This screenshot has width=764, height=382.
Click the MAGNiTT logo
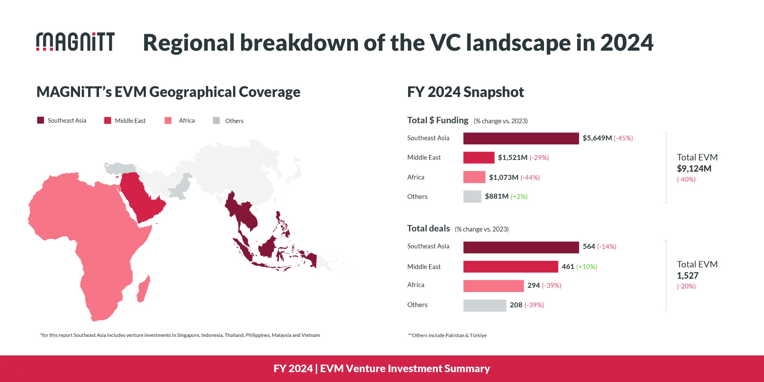(x=75, y=42)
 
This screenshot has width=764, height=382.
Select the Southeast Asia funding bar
(x=521, y=138)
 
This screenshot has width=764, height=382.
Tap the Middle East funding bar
(x=478, y=158)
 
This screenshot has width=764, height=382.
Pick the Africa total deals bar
(x=493, y=286)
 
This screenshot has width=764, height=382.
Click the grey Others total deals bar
(x=484, y=305)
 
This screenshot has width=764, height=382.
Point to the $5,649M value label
(x=597, y=138)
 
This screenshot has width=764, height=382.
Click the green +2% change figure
(x=519, y=197)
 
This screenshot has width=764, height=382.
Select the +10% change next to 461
(x=586, y=267)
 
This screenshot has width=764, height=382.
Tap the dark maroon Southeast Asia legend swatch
(x=41, y=120)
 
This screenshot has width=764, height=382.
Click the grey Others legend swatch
(x=216, y=121)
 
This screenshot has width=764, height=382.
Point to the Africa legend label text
(x=187, y=121)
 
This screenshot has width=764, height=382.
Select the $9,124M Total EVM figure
(x=694, y=169)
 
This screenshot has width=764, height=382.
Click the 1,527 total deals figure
(x=687, y=275)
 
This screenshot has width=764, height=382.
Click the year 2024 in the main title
(x=627, y=43)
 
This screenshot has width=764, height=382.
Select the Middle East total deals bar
(x=510, y=267)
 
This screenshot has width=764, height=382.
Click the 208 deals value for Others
(x=516, y=305)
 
